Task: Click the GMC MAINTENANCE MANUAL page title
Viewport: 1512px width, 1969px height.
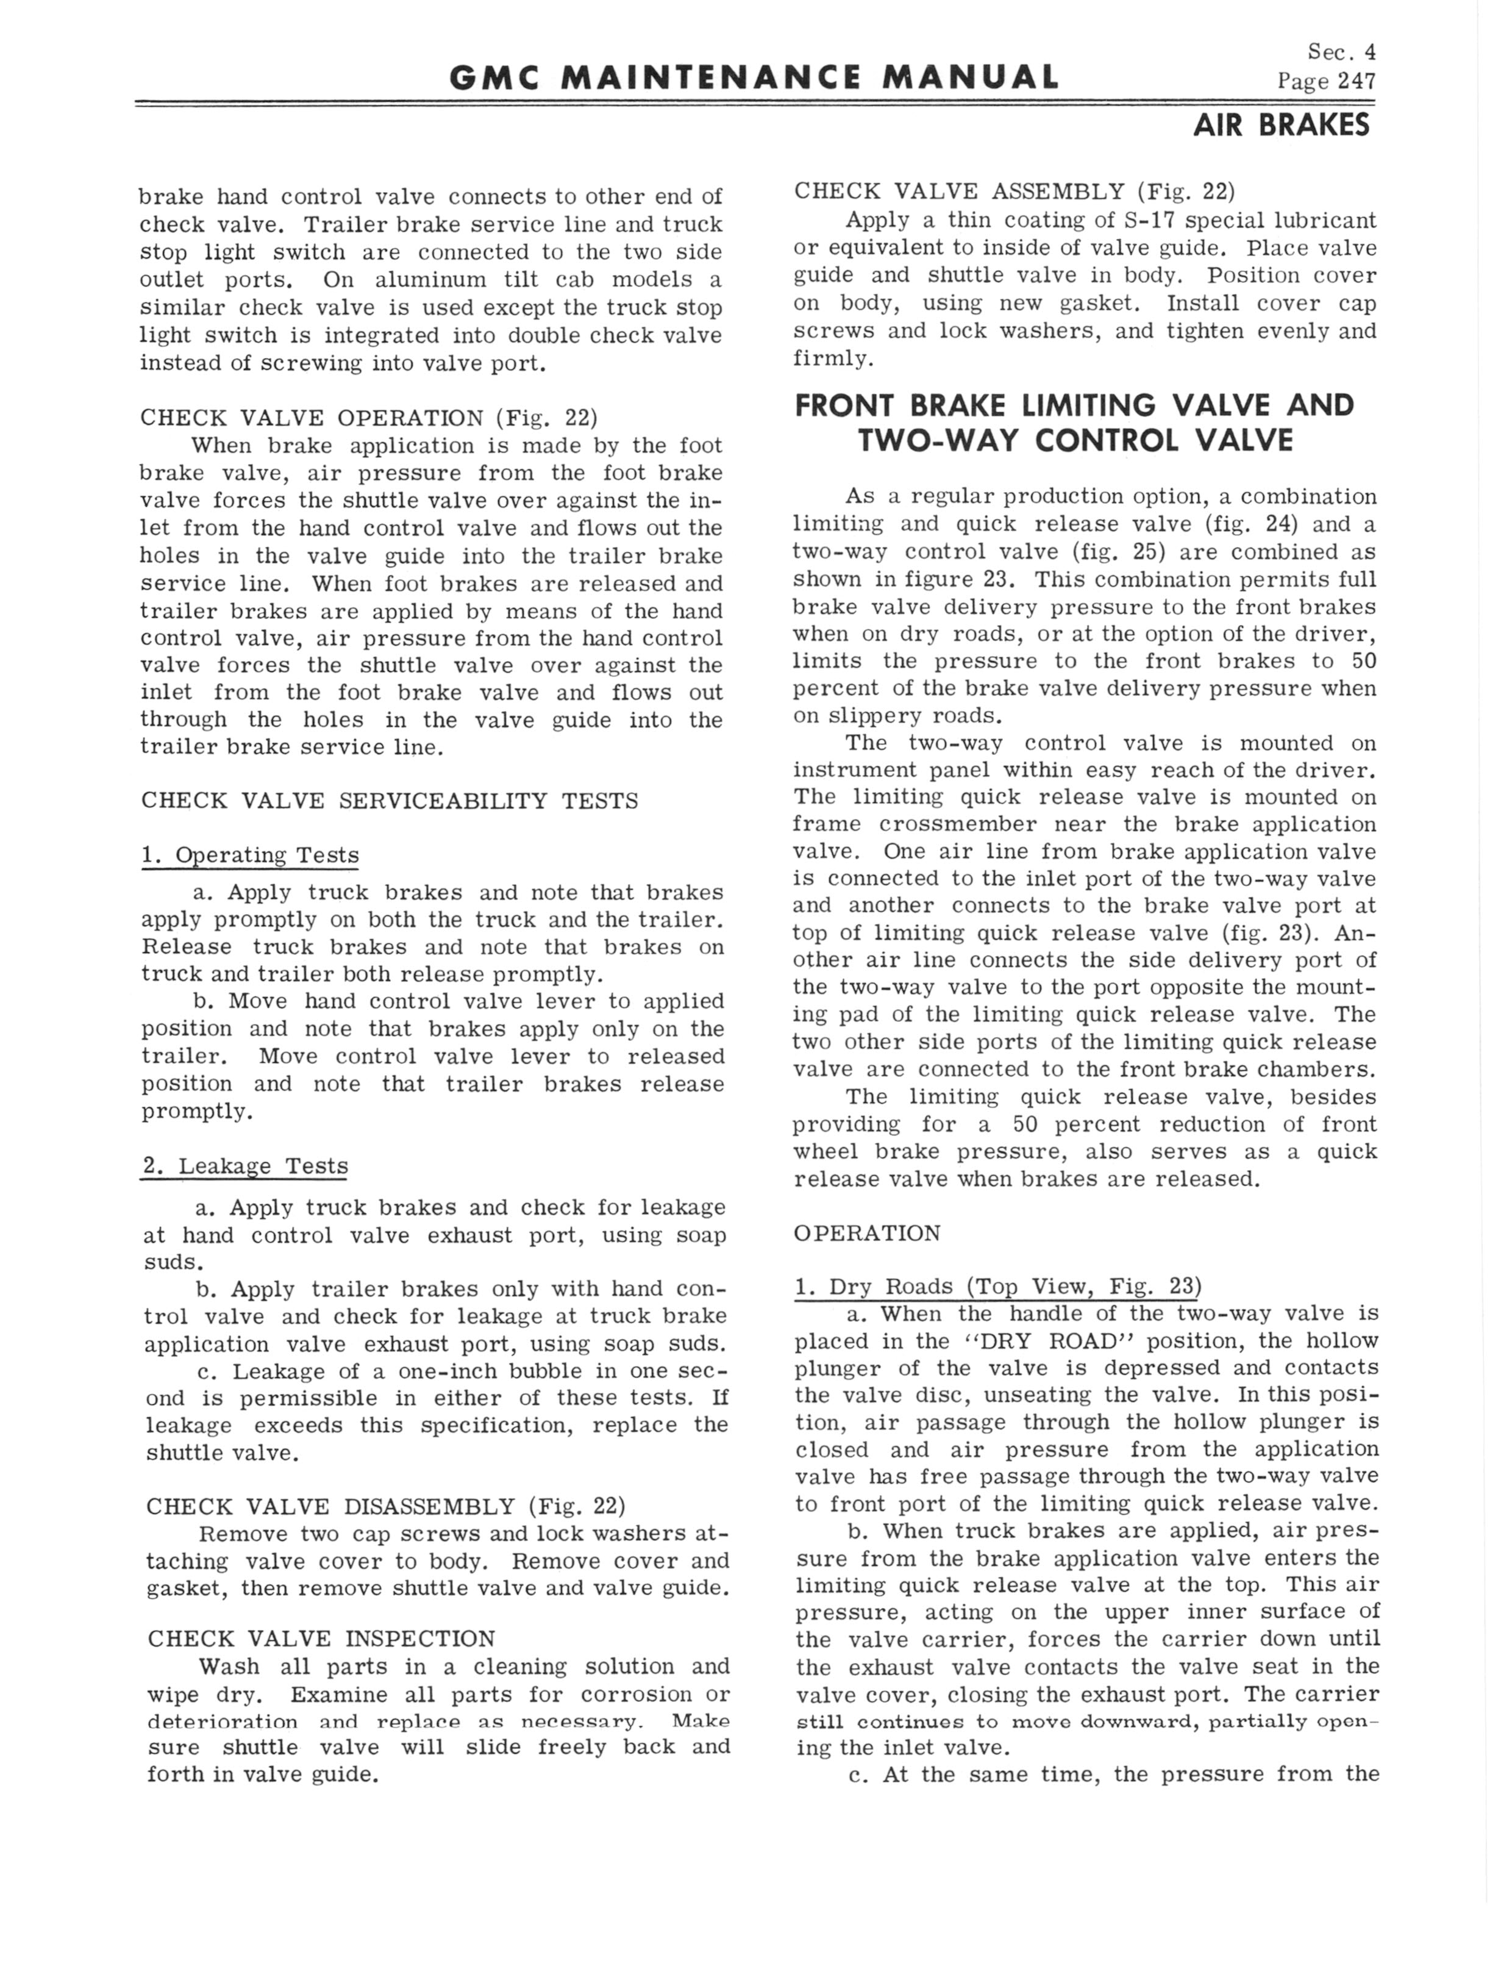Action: pos(754,77)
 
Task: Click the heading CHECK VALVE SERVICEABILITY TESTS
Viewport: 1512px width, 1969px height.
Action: pos(389,801)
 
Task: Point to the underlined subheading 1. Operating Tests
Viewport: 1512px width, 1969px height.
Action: pos(249,855)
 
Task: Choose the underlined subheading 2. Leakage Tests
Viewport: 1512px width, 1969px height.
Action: pos(245,1167)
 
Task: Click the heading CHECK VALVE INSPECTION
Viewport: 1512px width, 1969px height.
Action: pos(321,1638)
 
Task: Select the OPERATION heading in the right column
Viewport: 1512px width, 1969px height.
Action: pos(867,1233)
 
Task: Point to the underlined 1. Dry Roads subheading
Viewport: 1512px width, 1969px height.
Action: pos(997,1287)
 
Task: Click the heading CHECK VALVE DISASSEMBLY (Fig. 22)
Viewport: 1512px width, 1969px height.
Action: pos(385,1506)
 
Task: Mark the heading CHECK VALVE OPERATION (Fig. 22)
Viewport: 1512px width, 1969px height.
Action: pos(368,418)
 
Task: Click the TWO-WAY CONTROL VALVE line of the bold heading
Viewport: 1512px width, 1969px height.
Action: pos(1075,440)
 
